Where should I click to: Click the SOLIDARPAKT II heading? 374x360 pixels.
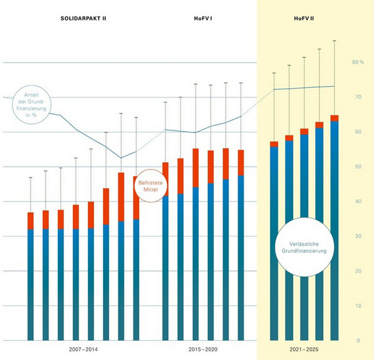click(84, 18)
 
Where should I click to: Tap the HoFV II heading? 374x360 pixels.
click(304, 18)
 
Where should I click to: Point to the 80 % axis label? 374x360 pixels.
click(357, 62)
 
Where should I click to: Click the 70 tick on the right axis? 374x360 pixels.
click(357, 97)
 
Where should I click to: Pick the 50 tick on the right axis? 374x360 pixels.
click(357, 167)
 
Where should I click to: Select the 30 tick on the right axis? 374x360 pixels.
click(357, 236)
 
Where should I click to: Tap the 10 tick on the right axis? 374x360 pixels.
click(357, 306)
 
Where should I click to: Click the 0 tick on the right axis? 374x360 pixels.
click(358, 341)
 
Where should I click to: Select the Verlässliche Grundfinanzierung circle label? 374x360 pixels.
click(304, 246)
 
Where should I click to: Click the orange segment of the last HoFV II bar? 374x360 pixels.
click(334, 118)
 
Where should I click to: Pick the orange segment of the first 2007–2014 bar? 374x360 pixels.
click(31, 221)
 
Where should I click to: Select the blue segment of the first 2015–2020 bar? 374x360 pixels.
click(165, 268)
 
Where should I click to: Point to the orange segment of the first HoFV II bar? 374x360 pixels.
click(274, 144)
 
